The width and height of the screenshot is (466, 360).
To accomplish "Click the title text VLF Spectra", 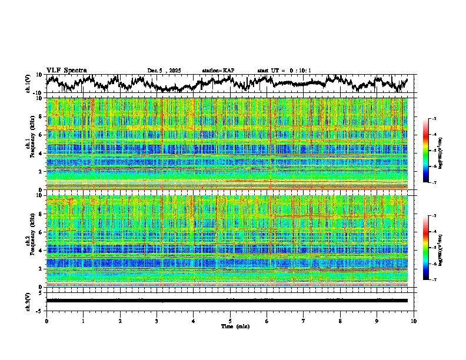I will coord(66,71).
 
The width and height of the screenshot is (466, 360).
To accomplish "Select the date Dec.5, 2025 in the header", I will coord(164,71).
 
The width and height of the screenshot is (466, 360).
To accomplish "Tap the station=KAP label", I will coord(218,71).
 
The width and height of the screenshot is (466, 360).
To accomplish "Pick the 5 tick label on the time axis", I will coord(230,321).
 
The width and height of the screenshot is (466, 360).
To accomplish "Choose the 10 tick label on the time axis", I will coord(414,321).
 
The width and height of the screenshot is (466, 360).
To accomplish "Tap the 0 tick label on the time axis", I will coord(46,321).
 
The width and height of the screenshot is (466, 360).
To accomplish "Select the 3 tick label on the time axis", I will coord(157,321).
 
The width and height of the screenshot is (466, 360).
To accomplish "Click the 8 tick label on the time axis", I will coord(340,321).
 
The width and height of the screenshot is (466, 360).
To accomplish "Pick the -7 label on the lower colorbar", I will coord(434,280).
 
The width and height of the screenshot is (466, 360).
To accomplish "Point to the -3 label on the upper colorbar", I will coord(434,119).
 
